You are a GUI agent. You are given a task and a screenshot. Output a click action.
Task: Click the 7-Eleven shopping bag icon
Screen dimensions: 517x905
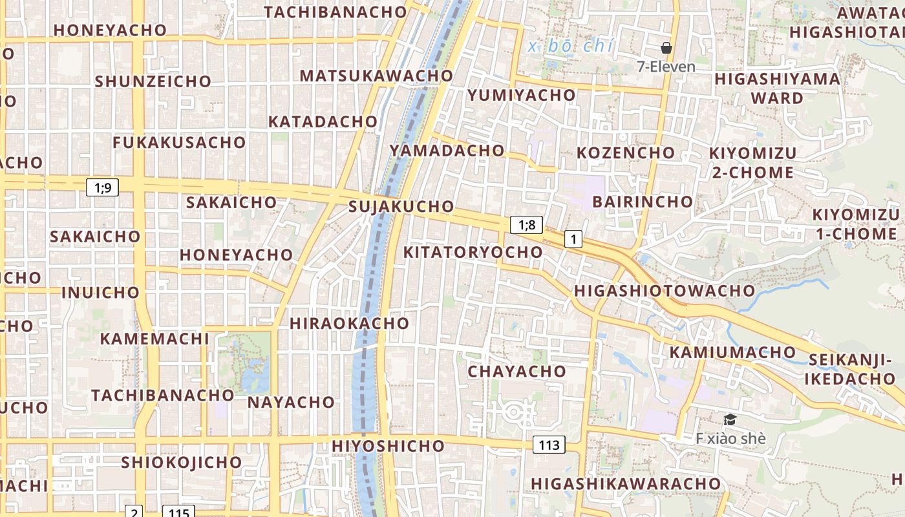666,48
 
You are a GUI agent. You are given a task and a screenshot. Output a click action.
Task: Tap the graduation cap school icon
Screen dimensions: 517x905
730,420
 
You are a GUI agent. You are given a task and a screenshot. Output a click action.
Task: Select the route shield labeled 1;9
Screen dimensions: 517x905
102,188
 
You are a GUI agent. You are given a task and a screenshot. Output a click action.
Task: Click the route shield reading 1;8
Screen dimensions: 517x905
526,225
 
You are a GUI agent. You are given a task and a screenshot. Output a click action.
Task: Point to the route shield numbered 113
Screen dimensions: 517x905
549,445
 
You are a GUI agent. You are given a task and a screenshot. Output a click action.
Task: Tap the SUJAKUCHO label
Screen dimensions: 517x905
401,207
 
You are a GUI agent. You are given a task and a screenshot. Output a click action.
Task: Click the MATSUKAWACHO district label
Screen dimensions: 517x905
376,76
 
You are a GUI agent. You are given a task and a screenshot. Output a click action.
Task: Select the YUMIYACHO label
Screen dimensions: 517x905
521,95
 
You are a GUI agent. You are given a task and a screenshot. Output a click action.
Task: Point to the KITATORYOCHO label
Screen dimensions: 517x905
473,252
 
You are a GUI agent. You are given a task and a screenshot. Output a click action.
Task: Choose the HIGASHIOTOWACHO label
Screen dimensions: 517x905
665,291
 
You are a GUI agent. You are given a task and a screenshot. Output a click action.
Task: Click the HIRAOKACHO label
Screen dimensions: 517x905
349,323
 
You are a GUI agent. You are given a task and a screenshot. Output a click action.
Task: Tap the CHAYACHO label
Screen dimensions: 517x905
516,372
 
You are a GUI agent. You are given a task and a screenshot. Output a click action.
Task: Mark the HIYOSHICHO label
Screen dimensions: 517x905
388,446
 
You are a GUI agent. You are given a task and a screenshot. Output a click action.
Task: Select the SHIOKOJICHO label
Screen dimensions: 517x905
182,463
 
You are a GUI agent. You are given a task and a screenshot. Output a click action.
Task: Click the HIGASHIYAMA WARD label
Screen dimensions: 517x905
778,89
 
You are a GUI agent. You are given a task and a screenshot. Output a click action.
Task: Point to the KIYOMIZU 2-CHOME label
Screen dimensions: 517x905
753,163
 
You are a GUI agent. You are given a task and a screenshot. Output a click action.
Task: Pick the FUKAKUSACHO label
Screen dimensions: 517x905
179,143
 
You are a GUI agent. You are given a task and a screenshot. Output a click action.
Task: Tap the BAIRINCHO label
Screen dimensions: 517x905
643,202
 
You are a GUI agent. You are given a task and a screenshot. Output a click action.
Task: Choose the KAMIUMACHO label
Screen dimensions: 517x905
732,352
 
